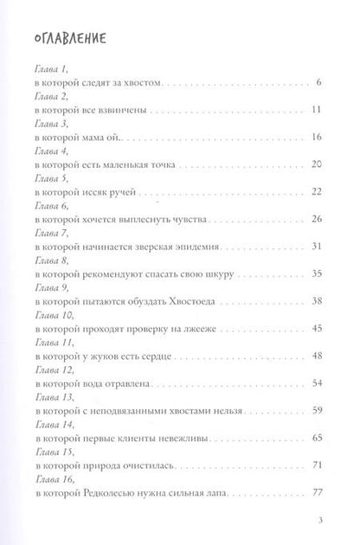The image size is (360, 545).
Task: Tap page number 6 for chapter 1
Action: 319,82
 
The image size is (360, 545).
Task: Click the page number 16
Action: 317,138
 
